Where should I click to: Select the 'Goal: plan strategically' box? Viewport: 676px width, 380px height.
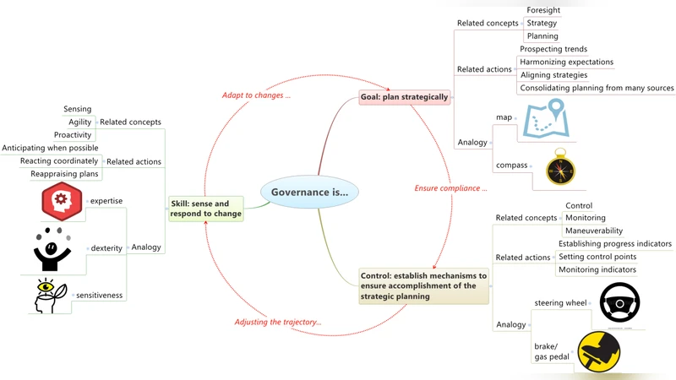click(x=404, y=97)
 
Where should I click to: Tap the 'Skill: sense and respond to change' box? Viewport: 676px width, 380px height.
click(x=205, y=209)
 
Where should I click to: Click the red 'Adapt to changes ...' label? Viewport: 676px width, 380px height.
click(x=257, y=95)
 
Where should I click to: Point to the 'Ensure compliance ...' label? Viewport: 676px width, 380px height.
click(x=450, y=187)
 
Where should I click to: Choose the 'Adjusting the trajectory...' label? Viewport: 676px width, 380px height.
click(x=277, y=322)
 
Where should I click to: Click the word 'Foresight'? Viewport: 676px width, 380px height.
click(x=542, y=10)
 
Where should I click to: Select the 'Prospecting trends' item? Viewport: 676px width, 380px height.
click(x=553, y=49)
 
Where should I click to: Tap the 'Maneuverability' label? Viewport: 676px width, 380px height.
click(x=594, y=231)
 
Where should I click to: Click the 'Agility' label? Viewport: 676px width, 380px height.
click(x=80, y=122)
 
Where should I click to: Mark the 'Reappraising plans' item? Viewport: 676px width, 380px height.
click(x=65, y=174)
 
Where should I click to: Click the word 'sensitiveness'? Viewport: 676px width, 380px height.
click(x=100, y=295)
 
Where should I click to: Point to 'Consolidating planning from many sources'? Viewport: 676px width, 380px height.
click(x=597, y=88)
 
